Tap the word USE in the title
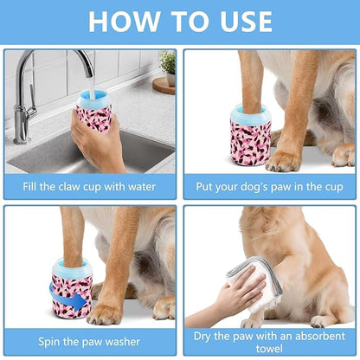pyautogui.click(x=238, y=20)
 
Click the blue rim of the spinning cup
pyautogui.click(x=72, y=267)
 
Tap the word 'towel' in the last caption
pyautogui.click(x=269, y=348)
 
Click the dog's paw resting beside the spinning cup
pyautogui.click(x=108, y=312)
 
